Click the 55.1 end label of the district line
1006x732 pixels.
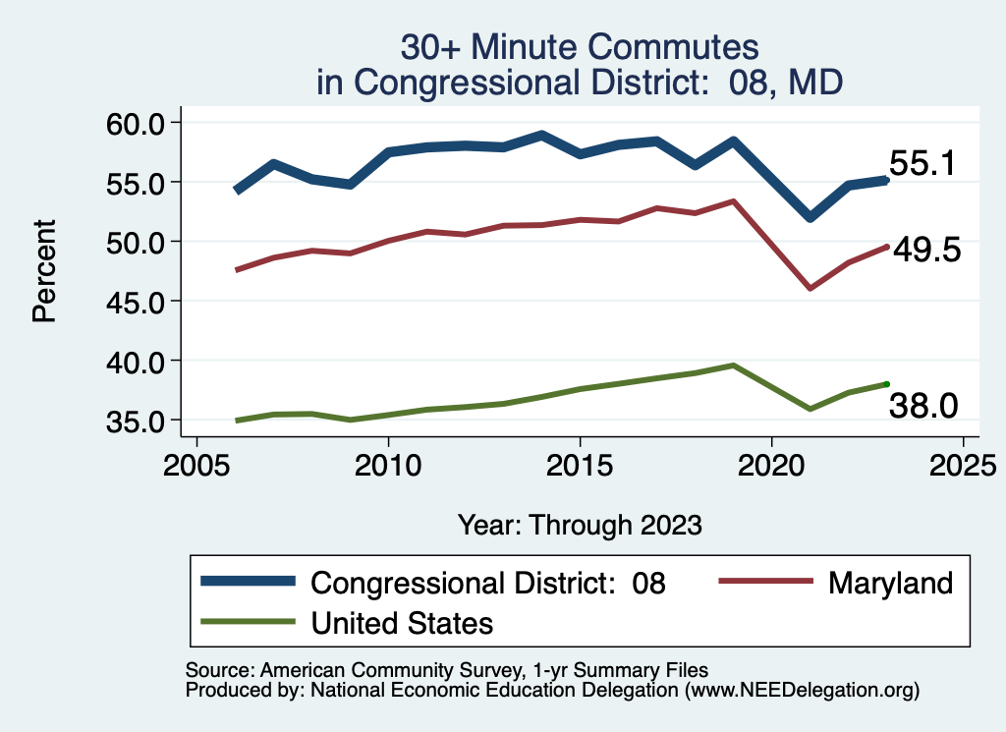tap(922, 164)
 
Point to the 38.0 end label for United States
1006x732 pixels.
tap(922, 405)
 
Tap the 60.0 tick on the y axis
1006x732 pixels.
tap(135, 123)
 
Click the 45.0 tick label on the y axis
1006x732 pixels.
tap(135, 301)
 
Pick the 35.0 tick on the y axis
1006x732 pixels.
tap(135, 421)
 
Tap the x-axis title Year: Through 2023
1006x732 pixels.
tap(580, 525)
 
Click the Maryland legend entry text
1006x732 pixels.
tap(890, 583)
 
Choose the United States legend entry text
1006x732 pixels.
tap(402, 622)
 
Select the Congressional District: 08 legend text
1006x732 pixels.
tap(488, 583)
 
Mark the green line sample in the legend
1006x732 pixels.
tap(248, 622)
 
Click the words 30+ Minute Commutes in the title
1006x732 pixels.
tap(580, 47)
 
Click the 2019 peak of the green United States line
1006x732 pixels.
tap(733, 366)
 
